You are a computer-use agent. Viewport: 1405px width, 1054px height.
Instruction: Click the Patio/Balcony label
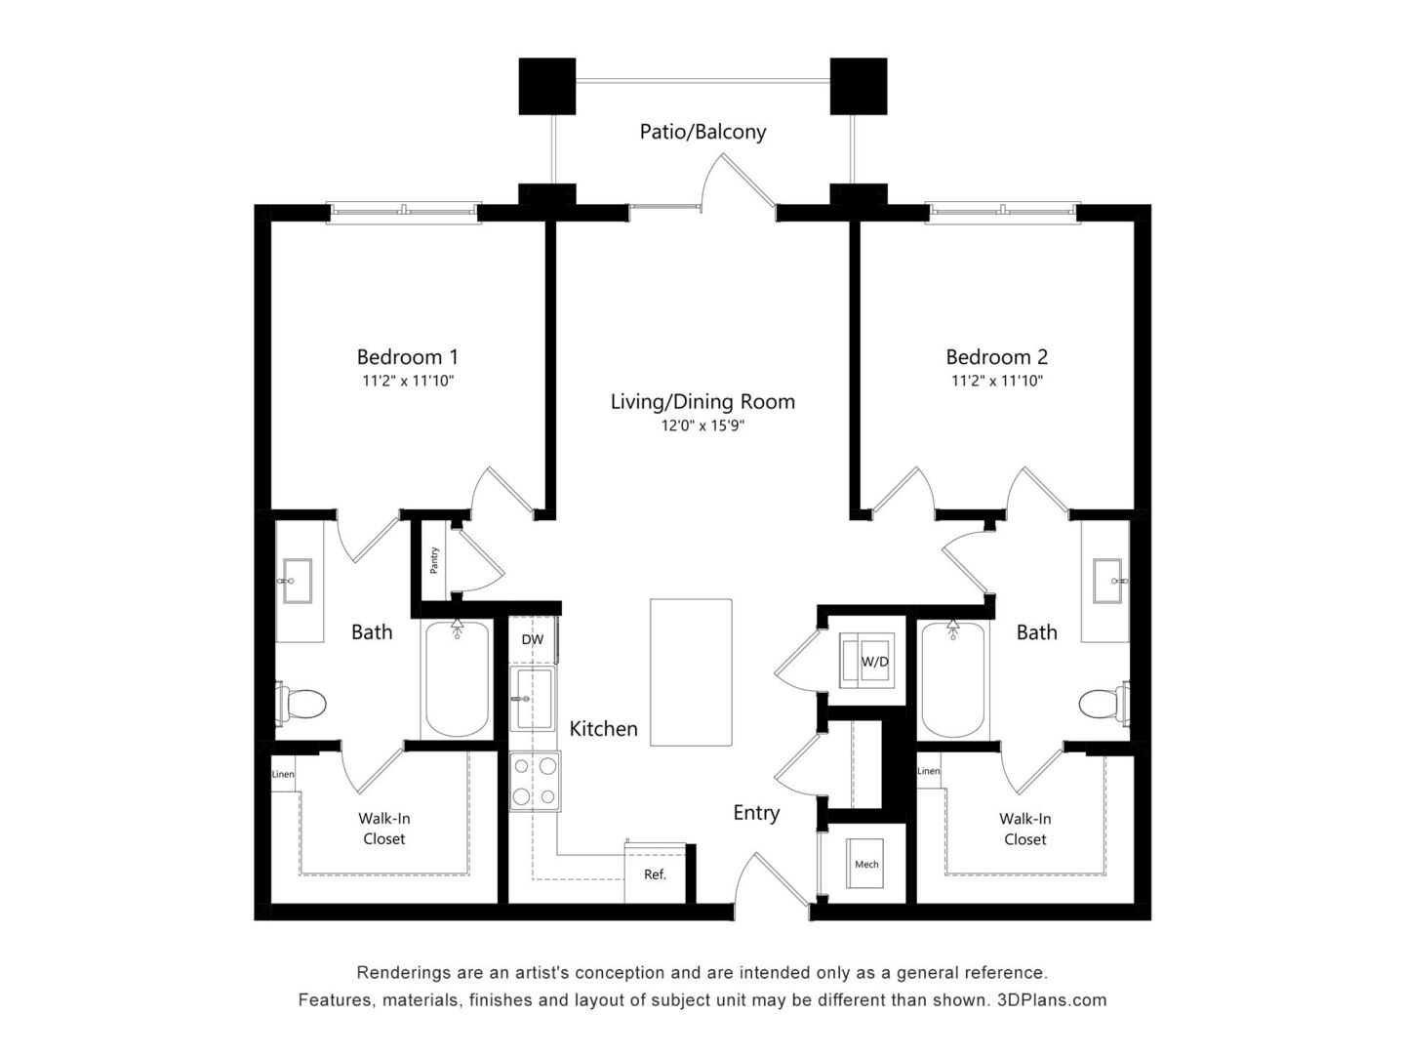[x=702, y=132]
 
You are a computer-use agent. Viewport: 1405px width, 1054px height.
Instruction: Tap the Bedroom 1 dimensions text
[x=408, y=381]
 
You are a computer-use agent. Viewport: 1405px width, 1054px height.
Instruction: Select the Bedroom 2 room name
[x=996, y=356]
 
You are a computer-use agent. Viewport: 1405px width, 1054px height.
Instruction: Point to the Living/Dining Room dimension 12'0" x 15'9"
[x=702, y=426]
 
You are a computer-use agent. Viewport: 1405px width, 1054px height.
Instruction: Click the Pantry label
[x=434, y=560]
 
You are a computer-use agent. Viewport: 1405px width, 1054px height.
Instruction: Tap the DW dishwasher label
[x=532, y=639]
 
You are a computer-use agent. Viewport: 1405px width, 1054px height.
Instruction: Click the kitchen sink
[x=532, y=699]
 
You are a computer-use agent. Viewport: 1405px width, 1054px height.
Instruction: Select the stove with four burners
[x=535, y=782]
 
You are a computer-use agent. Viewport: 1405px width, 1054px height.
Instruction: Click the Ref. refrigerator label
[x=655, y=874]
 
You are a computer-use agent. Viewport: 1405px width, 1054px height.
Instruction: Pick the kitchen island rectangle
[x=691, y=672]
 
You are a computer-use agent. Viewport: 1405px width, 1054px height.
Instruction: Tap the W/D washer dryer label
[x=874, y=662]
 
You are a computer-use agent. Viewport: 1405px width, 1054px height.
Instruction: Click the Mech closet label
[x=866, y=865]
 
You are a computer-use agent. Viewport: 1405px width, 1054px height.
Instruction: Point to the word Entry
[x=756, y=813]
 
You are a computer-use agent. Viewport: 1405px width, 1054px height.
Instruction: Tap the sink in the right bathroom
[x=1107, y=581]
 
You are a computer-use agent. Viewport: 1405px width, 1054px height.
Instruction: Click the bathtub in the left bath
[x=457, y=678]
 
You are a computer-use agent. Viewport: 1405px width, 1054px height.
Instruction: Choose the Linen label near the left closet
[x=283, y=774]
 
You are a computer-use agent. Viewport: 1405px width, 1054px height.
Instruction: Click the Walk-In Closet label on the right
[x=1024, y=829]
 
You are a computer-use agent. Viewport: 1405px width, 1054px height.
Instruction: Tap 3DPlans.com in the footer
[x=1051, y=999]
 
